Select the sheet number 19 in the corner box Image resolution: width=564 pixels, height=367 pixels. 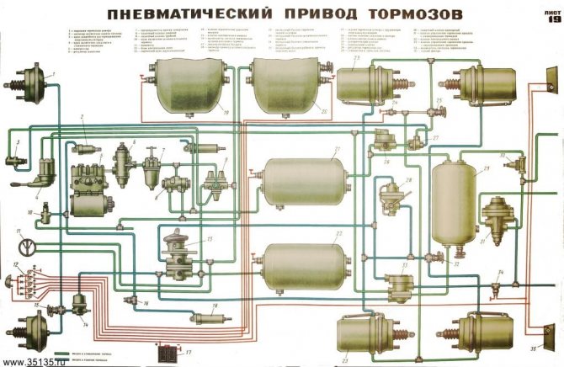click(x=552, y=21)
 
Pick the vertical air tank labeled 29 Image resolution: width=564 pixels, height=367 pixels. click(x=454, y=202)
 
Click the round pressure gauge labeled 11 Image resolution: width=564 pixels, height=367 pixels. click(x=28, y=247)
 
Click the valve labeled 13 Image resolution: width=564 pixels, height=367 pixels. click(x=184, y=258)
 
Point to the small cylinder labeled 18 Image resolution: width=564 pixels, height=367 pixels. click(x=205, y=317)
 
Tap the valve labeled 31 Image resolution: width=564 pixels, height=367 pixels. click(x=497, y=217)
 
